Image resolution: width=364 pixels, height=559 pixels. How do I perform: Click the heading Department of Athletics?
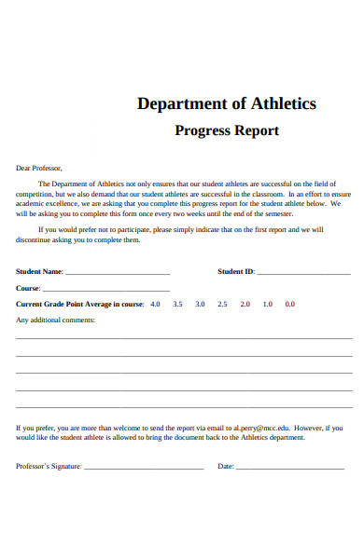pos(227,103)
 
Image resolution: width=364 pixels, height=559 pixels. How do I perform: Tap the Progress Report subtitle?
pos(227,130)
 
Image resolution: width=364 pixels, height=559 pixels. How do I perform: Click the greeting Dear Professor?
pos(39,168)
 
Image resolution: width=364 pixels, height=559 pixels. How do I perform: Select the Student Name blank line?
pos(118,273)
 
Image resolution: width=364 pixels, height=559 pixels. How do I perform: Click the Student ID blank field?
pos(303,273)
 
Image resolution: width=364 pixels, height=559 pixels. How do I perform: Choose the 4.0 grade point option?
pos(155,304)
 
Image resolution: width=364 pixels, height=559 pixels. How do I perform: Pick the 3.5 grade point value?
pos(177,304)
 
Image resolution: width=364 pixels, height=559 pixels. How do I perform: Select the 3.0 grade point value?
pos(200,304)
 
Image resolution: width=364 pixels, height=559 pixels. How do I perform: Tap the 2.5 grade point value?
pos(222,304)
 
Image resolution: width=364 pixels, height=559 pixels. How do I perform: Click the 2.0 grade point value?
pos(245,304)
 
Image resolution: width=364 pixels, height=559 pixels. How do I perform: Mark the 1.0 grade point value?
pos(267,304)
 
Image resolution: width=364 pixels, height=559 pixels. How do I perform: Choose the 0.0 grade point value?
pos(289,304)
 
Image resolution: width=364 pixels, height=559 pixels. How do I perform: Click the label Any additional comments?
pos(56,320)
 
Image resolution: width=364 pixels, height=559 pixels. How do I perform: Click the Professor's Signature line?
pos(144,467)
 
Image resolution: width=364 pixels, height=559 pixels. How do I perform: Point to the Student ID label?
pos(236,272)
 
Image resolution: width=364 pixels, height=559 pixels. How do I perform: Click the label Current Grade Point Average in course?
pos(80,304)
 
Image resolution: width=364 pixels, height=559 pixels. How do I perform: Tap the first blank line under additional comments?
pos(184,338)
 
